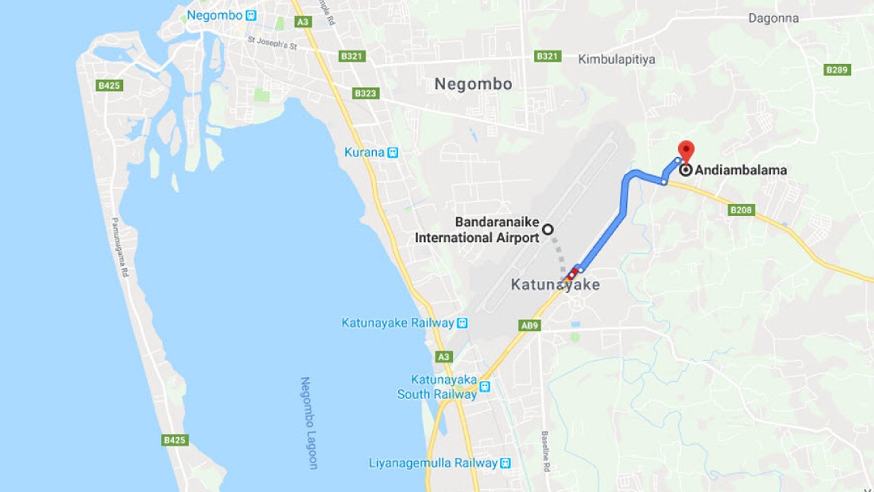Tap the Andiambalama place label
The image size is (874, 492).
(741, 170)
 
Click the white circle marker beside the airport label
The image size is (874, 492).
(547, 230)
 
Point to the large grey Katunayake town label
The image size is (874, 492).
(555, 285)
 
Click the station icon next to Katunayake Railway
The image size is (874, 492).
(462, 323)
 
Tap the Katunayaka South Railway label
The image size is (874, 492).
(437, 387)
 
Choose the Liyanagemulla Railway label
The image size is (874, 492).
(433, 463)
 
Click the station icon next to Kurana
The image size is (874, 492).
(393, 152)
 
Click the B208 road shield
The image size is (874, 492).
(741, 210)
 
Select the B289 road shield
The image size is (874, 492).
(837, 70)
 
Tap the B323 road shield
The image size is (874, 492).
(365, 93)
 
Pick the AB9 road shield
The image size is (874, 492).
(530, 325)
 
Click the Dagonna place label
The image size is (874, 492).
(773, 18)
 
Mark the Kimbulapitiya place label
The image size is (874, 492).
(616, 59)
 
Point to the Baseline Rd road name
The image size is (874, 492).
(546, 451)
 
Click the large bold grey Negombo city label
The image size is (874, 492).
(473, 84)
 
